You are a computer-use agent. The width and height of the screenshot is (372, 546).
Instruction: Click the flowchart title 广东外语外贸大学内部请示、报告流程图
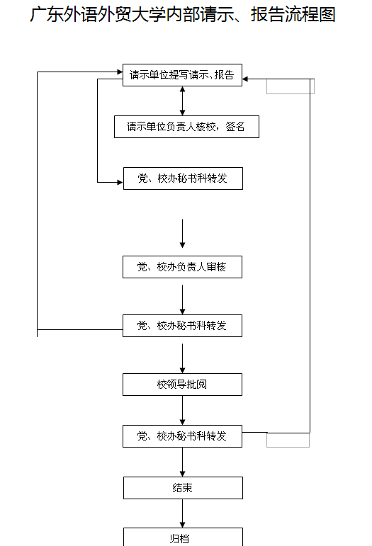coord(183,15)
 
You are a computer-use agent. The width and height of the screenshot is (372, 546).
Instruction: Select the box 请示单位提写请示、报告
coord(182,75)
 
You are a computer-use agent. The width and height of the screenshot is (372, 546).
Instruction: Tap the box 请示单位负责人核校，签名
coord(186,127)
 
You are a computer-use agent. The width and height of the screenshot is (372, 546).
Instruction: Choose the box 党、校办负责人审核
coord(182,267)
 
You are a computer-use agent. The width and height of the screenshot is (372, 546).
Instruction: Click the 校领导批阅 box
coord(182,385)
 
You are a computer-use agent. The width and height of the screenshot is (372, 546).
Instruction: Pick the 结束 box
coord(183,488)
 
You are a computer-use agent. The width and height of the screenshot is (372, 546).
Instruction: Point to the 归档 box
coord(183,538)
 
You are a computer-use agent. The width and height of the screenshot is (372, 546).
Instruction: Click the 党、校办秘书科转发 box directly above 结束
coord(182,436)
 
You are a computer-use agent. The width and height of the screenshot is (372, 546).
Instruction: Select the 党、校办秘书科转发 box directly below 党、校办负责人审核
coord(182,326)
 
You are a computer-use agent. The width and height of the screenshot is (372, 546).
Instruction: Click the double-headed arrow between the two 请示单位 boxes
coord(183,101)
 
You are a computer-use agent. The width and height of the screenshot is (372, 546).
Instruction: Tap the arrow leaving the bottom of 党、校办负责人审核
coord(183,300)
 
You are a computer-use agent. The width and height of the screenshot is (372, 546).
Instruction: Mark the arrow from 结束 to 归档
coord(183,513)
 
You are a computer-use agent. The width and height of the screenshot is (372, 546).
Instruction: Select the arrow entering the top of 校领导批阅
coord(183,358)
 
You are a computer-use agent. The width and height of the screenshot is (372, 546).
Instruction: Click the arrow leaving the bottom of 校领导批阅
coord(183,410)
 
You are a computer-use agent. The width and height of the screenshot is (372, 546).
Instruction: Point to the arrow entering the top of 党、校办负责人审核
coord(183,233)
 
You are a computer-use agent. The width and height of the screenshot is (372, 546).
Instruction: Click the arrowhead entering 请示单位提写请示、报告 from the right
coord(245,79)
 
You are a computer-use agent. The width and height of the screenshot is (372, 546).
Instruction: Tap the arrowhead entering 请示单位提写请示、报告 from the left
coord(120,72)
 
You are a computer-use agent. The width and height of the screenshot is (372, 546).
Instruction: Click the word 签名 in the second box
coord(235,126)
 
